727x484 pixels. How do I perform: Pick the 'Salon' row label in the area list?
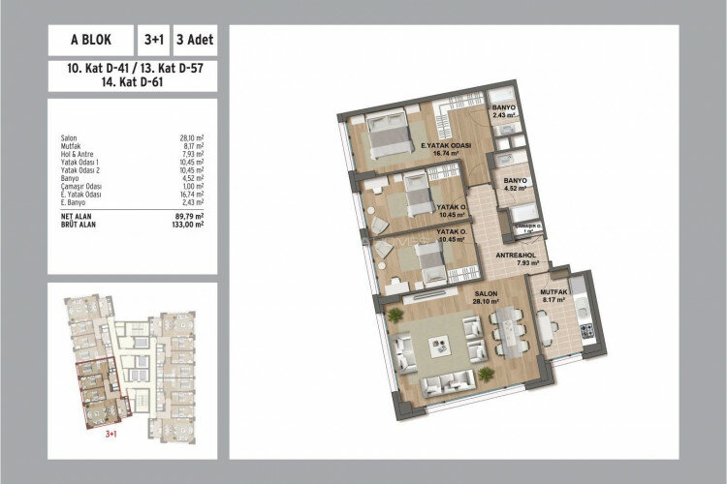click(68, 137)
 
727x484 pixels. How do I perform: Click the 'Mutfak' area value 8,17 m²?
click(189, 145)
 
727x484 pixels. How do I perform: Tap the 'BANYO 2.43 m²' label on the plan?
click(503, 110)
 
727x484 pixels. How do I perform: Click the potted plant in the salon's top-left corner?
click(395, 316)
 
